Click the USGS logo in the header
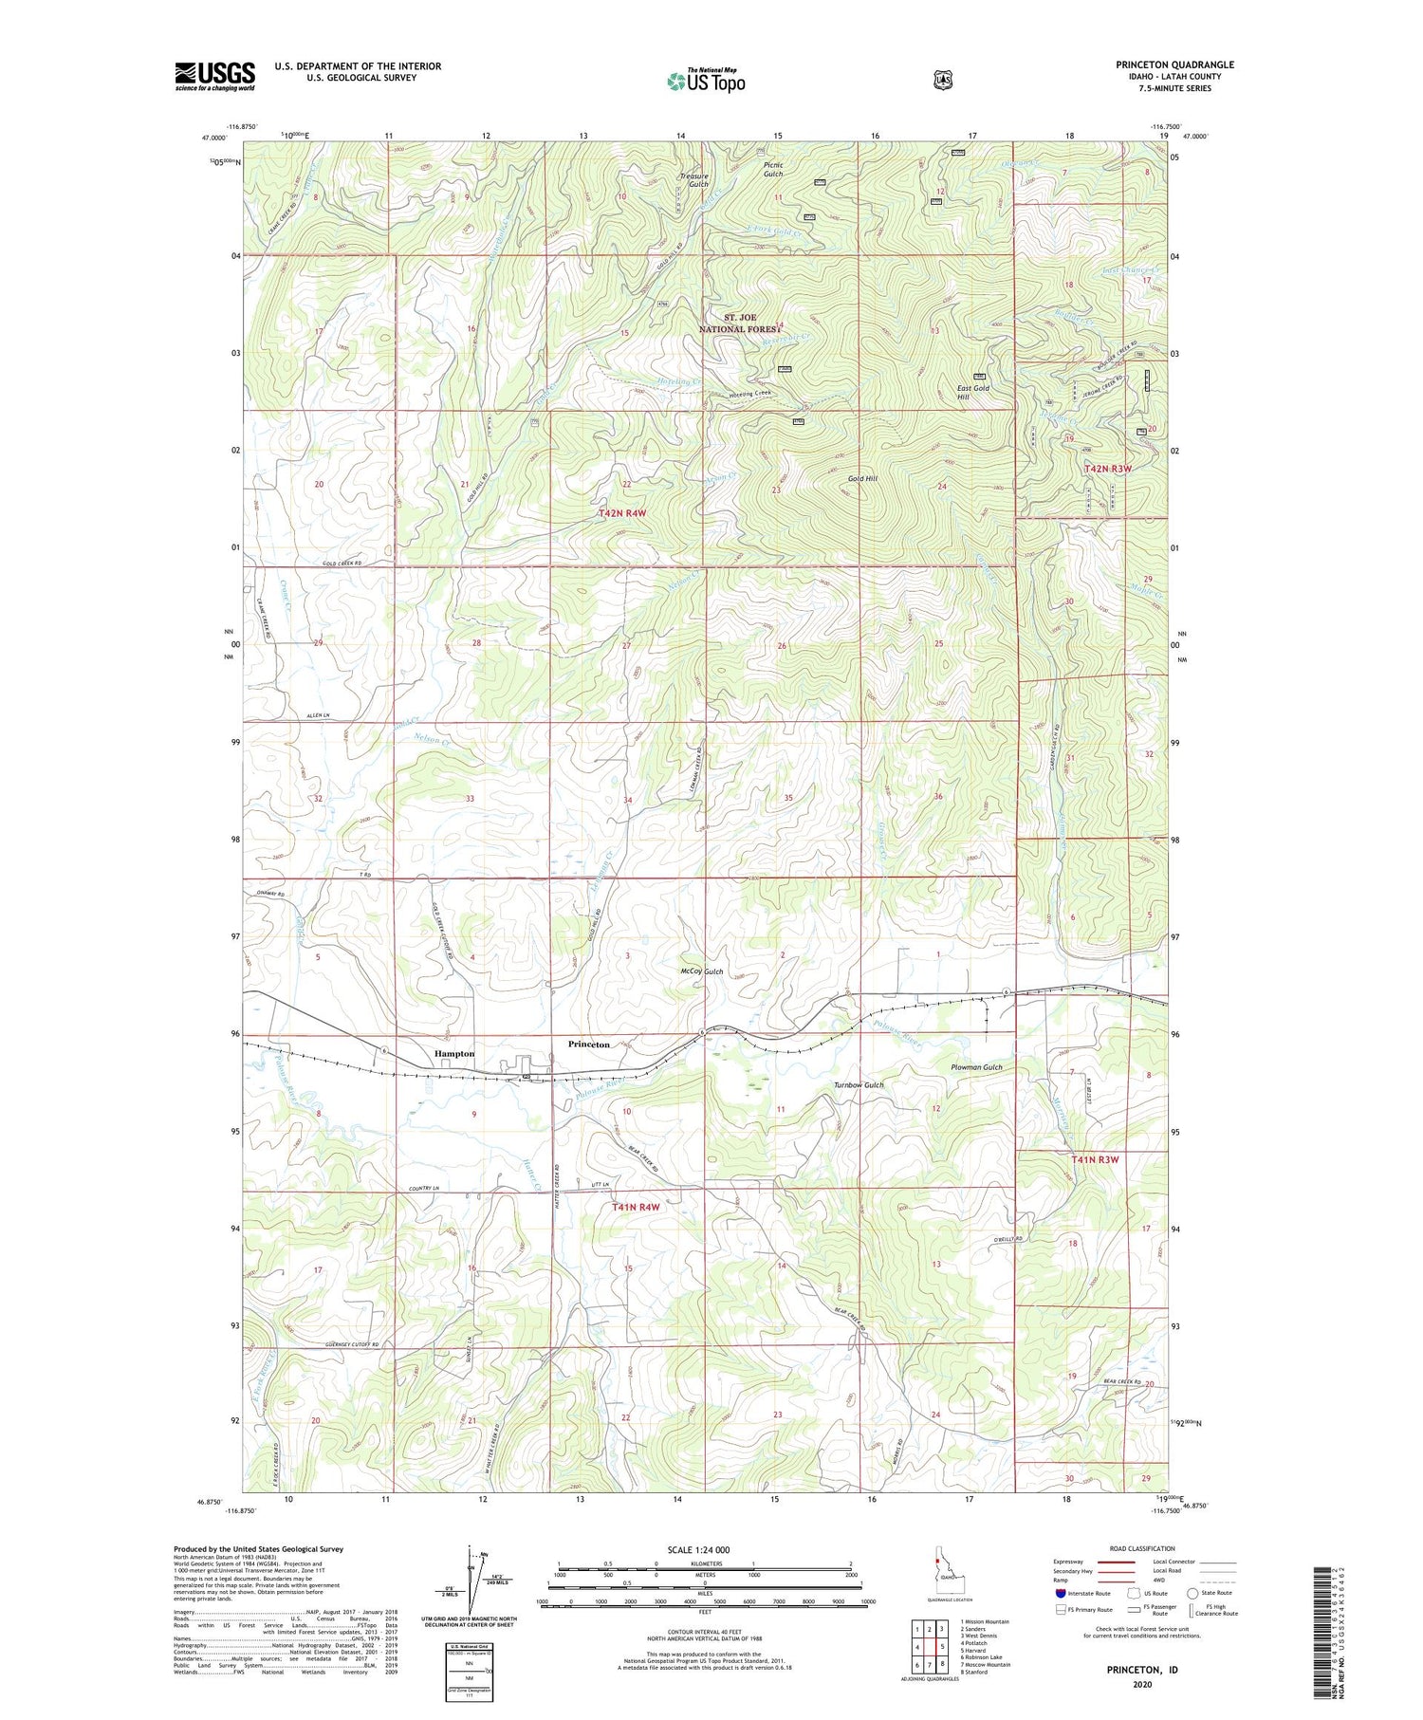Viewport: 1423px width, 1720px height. [x=214, y=76]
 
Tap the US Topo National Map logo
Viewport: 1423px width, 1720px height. [x=706, y=81]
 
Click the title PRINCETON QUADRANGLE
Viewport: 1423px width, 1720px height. [x=1174, y=65]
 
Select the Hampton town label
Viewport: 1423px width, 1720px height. [x=453, y=1054]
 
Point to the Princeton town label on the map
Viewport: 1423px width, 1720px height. [x=588, y=1044]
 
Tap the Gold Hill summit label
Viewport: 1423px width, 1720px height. [x=861, y=479]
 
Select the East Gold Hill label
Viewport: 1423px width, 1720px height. [x=972, y=392]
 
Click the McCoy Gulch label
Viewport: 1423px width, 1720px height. [x=701, y=971]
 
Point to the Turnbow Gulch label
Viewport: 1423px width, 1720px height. [x=858, y=1085]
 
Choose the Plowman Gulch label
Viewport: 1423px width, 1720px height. [x=976, y=1067]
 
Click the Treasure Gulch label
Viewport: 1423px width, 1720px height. [x=693, y=179]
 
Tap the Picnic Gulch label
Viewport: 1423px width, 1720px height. [x=773, y=169]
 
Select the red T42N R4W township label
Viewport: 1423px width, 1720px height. [x=621, y=513]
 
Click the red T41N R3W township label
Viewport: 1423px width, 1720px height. [x=1095, y=1159]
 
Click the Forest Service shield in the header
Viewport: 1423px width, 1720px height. [x=942, y=81]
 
